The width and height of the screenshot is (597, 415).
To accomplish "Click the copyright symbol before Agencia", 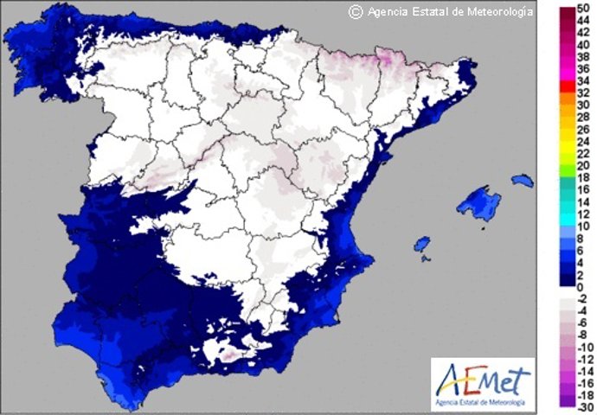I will pyautogui.click(x=355, y=11).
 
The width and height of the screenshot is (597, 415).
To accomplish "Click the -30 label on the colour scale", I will pyautogui.click(x=582, y=403).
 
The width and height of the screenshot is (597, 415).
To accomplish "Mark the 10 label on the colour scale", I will pyautogui.click(x=583, y=227).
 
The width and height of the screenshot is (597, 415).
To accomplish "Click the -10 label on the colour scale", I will pyautogui.click(x=582, y=343).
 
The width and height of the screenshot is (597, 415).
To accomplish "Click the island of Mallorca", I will pyautogui.click(x=474, y=206).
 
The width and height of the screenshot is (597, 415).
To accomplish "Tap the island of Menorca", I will pyautogui.click(x=522, y=181).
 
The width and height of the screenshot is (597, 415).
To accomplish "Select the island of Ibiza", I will pyautogui.click(x=422, y=246).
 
